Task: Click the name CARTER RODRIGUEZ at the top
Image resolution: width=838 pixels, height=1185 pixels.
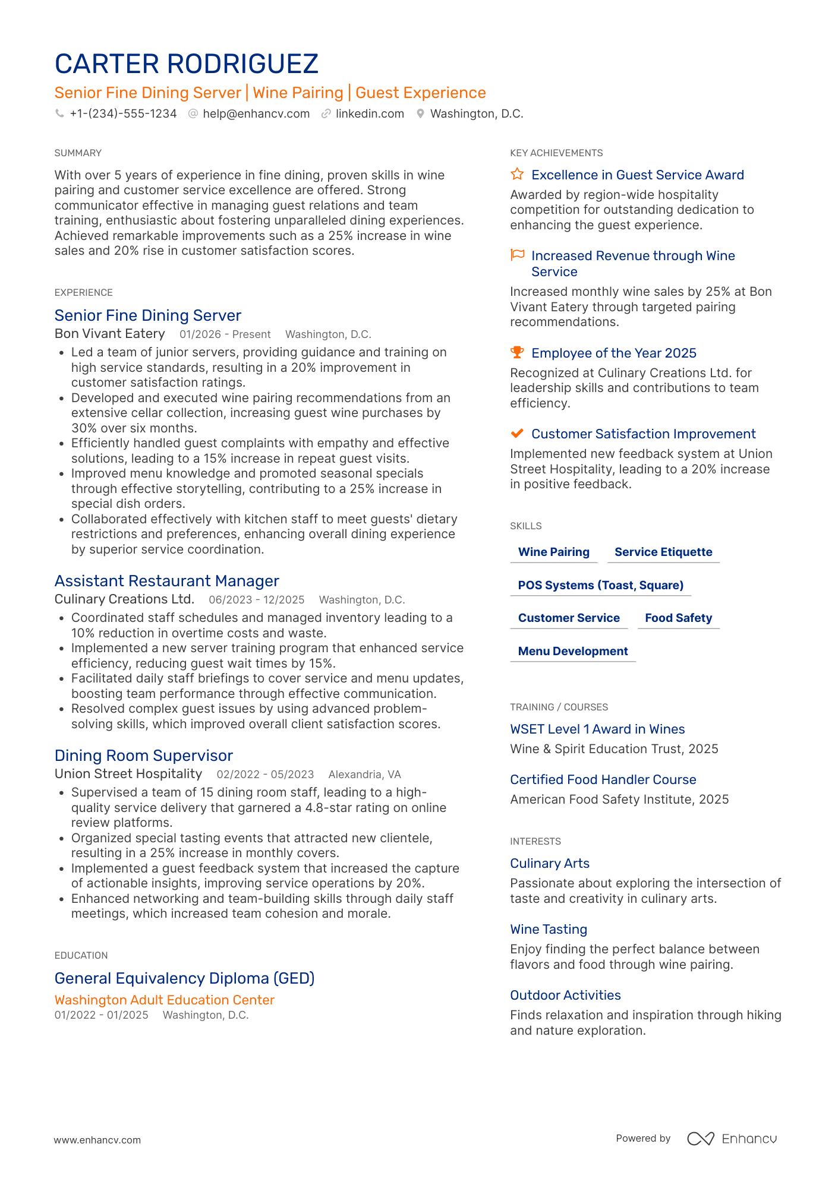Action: click(x=187, y=64)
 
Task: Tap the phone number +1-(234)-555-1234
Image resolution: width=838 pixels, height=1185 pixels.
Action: click(x=123, y=113)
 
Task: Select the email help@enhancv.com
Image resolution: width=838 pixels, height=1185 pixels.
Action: click(x=256, y=113)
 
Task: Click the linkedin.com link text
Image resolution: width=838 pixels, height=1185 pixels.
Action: click(x=370, y=113)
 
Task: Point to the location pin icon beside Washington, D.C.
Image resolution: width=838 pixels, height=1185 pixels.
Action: click(x=420, y=113)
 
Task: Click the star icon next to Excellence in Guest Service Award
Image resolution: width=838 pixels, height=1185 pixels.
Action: click(x=517, y=174)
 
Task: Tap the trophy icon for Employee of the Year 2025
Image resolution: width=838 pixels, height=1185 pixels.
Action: click(x=517, y=352)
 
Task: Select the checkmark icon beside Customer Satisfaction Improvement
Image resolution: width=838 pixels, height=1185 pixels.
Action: click(x=517, y=433)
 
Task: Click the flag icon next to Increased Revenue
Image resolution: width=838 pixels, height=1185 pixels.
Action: click(x=517, y=255)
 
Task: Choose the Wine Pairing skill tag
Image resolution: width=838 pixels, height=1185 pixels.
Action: click(x=554, y=552)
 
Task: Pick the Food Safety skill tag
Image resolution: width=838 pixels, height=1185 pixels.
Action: click(x=678, y=618)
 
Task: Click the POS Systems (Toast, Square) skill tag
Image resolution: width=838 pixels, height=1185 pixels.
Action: click(x=600, y=585)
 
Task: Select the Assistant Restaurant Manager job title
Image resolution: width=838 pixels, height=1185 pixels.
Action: click(x=167, y=581)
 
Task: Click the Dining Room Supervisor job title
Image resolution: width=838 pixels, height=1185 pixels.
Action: click(x=144, y=756)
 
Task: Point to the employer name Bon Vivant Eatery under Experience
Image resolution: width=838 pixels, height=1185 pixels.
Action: click(x=110, y=334)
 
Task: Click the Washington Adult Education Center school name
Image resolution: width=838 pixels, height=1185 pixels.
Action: click(x=165, y=1000)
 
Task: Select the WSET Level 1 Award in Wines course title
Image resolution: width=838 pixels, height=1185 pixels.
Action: click(x=597, y=729)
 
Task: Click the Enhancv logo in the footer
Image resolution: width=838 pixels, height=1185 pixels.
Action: click(x=732, y=1139)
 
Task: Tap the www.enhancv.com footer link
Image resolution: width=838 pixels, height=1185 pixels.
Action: click(x=97, y=1140)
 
